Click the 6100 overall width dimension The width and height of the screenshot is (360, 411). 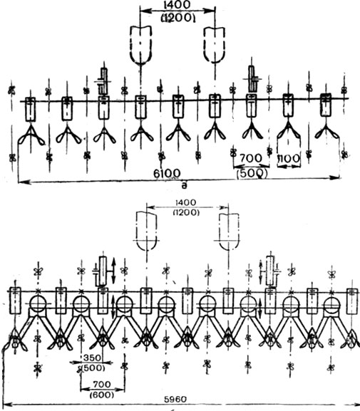[167, 173]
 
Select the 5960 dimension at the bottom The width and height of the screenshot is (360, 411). [176, 400]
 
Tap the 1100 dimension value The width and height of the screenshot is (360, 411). [289, 159]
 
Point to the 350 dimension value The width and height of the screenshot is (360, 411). [92, 358]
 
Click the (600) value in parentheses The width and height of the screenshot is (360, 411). [102, 395]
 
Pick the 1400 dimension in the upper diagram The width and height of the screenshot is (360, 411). [178, 5]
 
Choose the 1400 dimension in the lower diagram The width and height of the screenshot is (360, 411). [185, 202]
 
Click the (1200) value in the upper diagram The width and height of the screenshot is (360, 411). [178, 18]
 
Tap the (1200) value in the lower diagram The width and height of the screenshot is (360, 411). [186, 212]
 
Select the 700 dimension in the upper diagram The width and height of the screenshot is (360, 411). [251, 158]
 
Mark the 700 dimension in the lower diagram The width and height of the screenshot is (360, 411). [102, 385]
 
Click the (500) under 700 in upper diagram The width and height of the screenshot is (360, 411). [252, 174]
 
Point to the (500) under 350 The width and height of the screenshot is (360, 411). [93, 368]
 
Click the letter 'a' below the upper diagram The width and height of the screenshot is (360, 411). [185, 186]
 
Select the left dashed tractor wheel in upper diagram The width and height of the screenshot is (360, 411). [141, 44]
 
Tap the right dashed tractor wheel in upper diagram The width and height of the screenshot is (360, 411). [215, 44]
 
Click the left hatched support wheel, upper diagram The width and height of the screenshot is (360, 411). [104, 81]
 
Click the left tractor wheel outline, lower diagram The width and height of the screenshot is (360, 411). [147, 231]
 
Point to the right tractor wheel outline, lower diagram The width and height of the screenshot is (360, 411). [229, 231]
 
